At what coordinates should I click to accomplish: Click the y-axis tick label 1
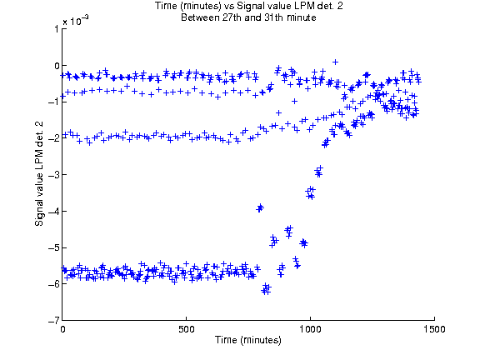tap(57, 29)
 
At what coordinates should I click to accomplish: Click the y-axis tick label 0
tap(57, 66)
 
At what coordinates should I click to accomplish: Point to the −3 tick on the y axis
tap(53, 175)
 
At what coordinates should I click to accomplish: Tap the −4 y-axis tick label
tap(53, 211)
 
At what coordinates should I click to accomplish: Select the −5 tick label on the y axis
tap(53, 247)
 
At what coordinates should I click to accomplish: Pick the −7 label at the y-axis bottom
tap(53, 321)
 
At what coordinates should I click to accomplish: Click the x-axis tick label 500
tap(187, 329)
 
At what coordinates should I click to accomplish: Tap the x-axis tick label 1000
tap(310, 329)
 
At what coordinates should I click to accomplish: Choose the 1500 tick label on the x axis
tap(434, 329)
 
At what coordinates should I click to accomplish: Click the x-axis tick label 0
tap(62, 329)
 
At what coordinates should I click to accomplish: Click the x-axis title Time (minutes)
tap(248, 340)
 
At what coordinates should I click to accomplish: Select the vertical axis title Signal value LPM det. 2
tap(39, 173)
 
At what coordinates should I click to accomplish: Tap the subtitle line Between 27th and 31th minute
tap(248, 17)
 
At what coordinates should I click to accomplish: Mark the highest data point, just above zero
tap(336, 62)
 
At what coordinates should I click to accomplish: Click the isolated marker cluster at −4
tap(260, 207)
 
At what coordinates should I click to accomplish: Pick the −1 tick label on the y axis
tap(53, 102)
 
